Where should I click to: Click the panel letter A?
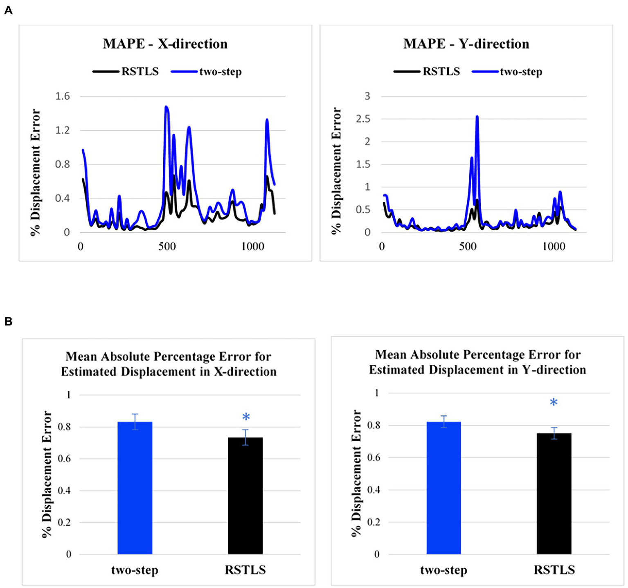tap(8, 10)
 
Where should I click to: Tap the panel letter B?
tap(8, 322)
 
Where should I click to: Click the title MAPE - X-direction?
tap(165, 44)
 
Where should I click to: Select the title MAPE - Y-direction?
tap(466, 44)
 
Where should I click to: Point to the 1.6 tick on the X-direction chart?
tap(63, 96)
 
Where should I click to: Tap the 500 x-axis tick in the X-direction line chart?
tap(167, 247)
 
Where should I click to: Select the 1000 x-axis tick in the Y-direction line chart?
tap(554, 247)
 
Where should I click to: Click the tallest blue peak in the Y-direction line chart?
tap(477, 117)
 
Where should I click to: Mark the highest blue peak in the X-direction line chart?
tap(166, 107)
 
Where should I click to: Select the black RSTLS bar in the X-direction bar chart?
tap(245, 496)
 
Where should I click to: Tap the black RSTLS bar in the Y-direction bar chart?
tap(554, 493)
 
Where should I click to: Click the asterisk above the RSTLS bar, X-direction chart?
tap(246, 417)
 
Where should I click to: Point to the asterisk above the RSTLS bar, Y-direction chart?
tap(554, 403)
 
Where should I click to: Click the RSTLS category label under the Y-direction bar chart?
tap(554, 570)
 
